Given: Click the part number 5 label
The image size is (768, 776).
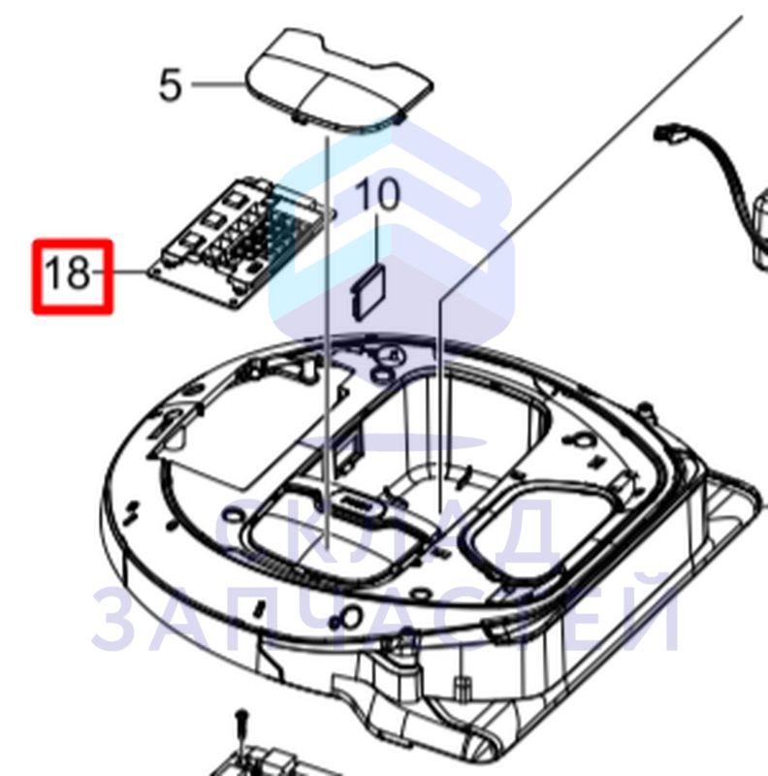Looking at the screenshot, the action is coord(171,85).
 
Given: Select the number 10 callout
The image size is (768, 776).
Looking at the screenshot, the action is coord(378,194).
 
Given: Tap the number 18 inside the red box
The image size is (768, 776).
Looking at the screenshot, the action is coord(68,273).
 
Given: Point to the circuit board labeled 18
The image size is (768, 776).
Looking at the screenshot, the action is coord(238,242).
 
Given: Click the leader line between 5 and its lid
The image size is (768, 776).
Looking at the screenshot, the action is coord(218,84).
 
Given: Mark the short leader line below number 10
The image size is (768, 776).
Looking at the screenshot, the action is coord(378,240).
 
